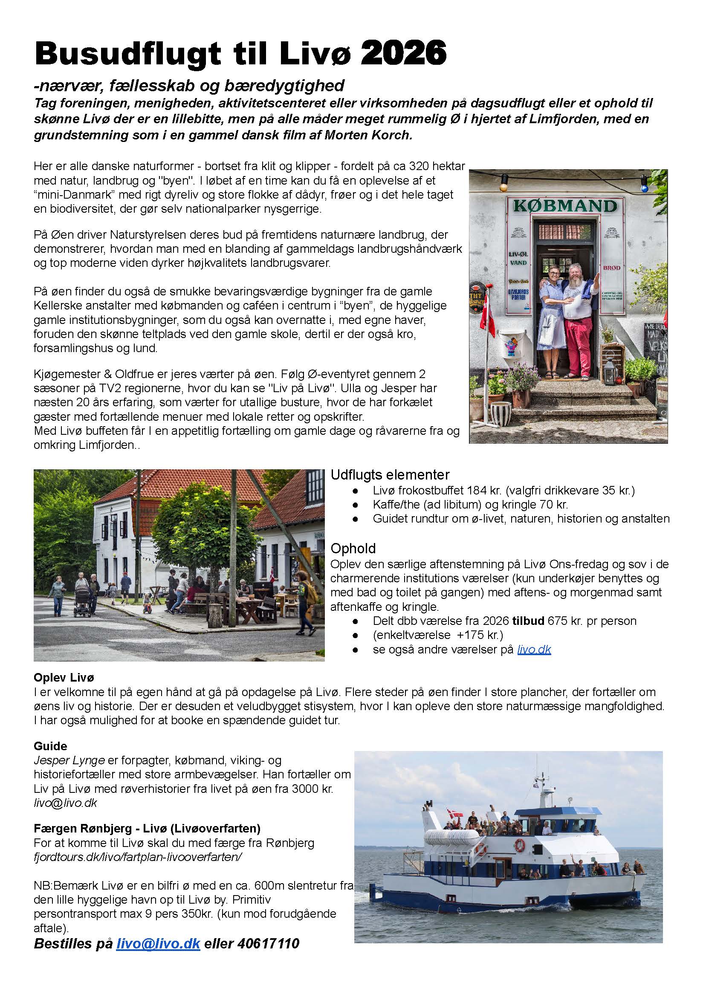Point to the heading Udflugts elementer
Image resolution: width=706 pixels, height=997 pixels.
tap(390, 474)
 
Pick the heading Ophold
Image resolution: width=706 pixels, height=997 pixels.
tap(353, 549)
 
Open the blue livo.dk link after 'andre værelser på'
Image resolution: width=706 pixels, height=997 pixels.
tap(534, 649)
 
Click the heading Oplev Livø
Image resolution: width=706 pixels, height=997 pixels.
tap(64, 677)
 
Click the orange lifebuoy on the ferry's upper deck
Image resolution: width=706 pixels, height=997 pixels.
tap(520, 845)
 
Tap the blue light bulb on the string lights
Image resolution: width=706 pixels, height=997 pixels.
tap(644, 188)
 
